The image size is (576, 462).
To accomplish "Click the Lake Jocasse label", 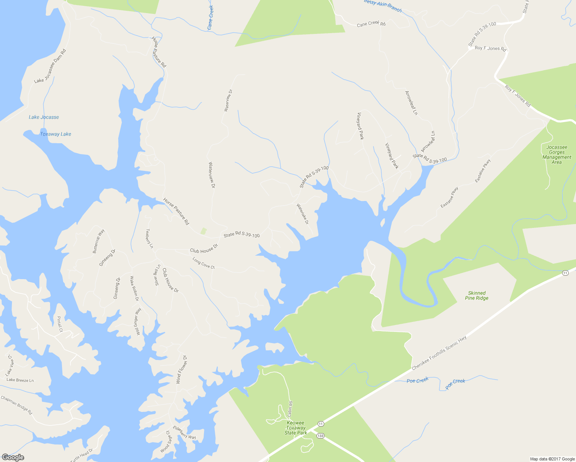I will [x=44, y=117].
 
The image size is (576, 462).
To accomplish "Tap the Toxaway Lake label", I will [x=55, y=134].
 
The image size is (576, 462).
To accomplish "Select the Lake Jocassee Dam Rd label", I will [x=50, y=66].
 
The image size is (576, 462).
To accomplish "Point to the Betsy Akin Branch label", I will [x=383, y=6].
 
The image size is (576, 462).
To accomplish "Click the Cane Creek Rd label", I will [x=371, y=24].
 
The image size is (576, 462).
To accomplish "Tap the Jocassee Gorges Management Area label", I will [x=557, y=154].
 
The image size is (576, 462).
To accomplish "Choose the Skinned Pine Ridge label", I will [x=477, y=295].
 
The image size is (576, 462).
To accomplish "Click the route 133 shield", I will [x=320, y=435].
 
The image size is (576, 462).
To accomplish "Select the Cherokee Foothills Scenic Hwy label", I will [x=439, y=353].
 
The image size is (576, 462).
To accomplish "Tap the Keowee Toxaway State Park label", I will [x=296, y=428].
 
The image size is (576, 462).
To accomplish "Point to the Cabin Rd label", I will [x=290, y=409].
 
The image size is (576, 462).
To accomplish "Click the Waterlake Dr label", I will [x=302, y=214].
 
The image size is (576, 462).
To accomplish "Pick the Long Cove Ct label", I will [x=203, y=263].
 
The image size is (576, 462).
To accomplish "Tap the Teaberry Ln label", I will [x=149, y=238].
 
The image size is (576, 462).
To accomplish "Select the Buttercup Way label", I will [x=99, y=241].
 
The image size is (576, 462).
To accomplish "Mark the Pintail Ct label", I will [x=60, y=324].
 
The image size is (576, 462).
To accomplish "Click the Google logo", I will [x=13, y=457].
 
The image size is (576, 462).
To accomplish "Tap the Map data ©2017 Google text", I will [x=552, y=459].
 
